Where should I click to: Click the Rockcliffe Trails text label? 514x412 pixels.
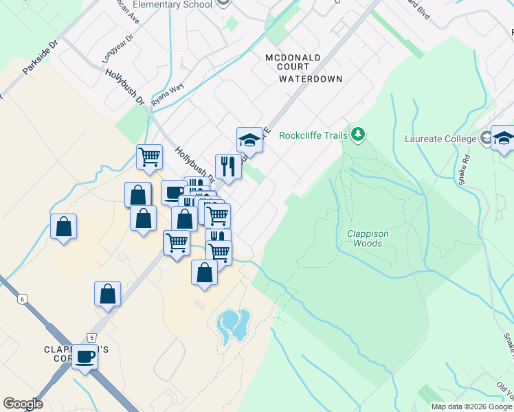313,135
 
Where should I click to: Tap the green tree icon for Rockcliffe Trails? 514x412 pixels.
357,134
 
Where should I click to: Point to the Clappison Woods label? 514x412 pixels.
368,238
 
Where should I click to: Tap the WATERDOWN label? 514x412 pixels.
311,79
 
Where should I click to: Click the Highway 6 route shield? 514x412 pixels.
22,299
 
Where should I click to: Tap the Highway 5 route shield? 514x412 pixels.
91,337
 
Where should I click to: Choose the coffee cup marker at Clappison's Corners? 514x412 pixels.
86,357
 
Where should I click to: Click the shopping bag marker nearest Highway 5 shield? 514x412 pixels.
108,294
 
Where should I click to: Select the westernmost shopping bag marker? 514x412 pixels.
63,227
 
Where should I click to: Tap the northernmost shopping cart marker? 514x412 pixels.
149,157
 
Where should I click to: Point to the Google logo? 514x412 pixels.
23,404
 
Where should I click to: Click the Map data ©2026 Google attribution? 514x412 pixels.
471,407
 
